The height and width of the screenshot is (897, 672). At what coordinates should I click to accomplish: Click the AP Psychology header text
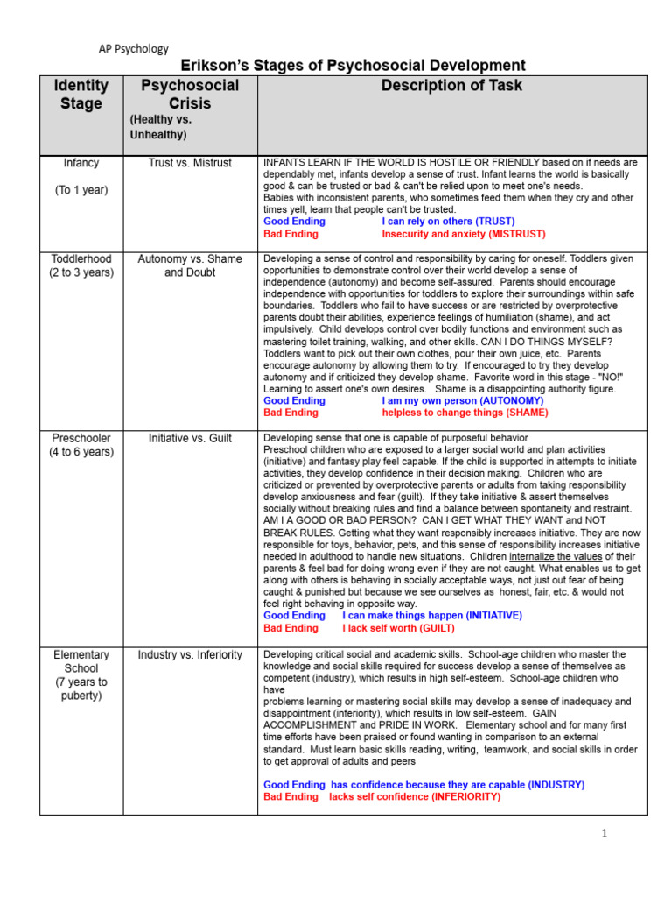[x=132, y=49]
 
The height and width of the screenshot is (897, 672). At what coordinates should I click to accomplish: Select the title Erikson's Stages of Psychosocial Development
[x=353, y=66]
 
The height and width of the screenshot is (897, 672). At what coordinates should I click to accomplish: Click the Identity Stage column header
[x=81, y=95]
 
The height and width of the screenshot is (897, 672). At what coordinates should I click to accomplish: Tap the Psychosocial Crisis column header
[x=190, y=95]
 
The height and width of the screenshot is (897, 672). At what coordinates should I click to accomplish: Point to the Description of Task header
[x=451, y=85]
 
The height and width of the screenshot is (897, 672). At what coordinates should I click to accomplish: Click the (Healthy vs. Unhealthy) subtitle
[x=160, y=127]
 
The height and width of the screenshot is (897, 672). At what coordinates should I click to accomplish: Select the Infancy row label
[x=81, y=163]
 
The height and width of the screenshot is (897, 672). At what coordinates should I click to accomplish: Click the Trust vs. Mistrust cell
[x=190, y=163]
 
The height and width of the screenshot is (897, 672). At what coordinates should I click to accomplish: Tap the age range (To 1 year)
[x=81, y=190]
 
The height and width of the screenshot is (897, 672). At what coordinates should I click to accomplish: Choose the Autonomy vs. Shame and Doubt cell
[x=190, y=265]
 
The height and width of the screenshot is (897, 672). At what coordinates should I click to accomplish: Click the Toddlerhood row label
[x=81, y=259]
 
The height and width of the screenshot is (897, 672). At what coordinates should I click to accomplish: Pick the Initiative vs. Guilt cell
[x=190, y=438]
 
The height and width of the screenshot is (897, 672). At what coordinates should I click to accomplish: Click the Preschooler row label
[x=81, y=438]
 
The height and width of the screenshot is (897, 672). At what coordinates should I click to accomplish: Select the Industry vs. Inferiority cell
[x=190, y=655]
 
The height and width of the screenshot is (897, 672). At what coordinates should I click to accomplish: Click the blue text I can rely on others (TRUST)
[x=448, y=222]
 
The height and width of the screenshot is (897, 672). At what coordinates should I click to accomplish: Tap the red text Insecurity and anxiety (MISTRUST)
[x=463, y=235]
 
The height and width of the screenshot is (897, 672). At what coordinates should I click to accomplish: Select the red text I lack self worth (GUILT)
[x=398, y=628]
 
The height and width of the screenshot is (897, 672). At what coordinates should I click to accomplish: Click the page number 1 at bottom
[x=604, y=834]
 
